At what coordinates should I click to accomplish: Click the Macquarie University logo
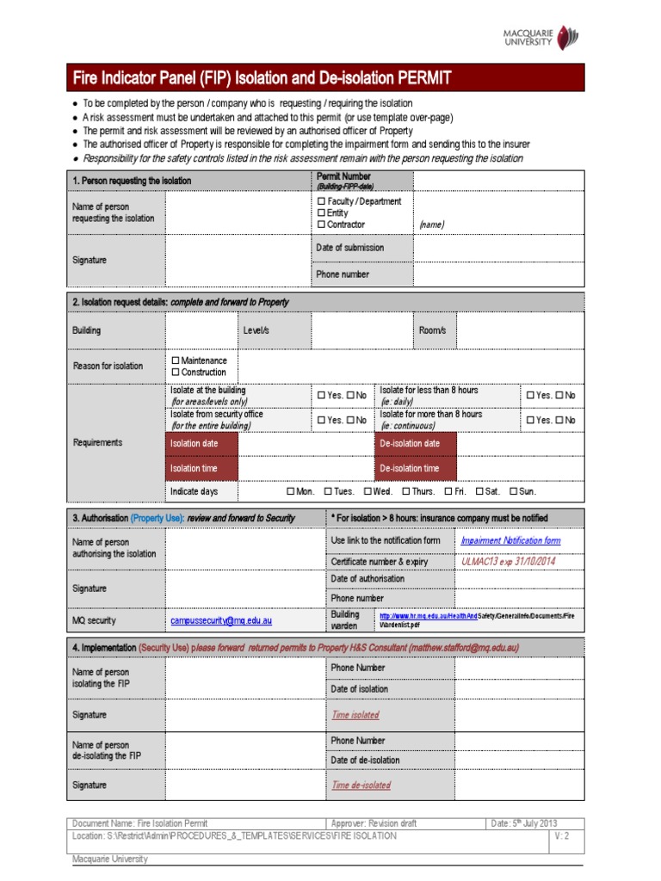pyautogui.click(x=541, y=38)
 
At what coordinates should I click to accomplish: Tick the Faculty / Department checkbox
pyautogui.click(x=321, y=201)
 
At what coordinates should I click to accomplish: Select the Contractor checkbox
pyautogui.click(x=321, y=225)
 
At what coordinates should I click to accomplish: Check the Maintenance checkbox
pyautogui.click(x=176, y=360)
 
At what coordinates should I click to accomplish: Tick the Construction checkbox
pyautogui.click(x=176, y=373)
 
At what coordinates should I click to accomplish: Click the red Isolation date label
pyautogui.click(x=194, y=443)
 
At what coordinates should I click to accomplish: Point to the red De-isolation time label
pyautogui.click(x=410, y=468)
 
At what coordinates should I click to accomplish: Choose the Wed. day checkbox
pyautogui.click(x=368, y=491)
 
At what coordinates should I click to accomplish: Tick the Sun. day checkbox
pyautogui.click(x=514, y=491)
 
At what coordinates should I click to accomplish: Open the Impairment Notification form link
pyautogui.click(x=510, y=540)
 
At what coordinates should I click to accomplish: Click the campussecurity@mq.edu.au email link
pyautogui.click(x=221, y=620)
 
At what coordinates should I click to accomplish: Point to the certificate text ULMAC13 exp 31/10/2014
pyautogui.click(x=508, y=561)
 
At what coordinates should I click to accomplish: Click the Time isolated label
pyautogui.click(x=355, y=715)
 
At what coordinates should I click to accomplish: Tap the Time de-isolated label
pyautogui.click(x=361, y=785)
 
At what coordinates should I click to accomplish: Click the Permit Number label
pyautogui.click(x=344, y=176)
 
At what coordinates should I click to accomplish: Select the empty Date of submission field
pyautogui.click(x=498, y=248)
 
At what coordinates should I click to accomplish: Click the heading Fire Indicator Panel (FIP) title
pyautogui.click(x=262, y=79)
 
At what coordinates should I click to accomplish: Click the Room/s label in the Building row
pyautogui.click(x=432, y=330)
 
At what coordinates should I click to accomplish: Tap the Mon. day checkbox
pyautogui.click(x=290, y=491)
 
